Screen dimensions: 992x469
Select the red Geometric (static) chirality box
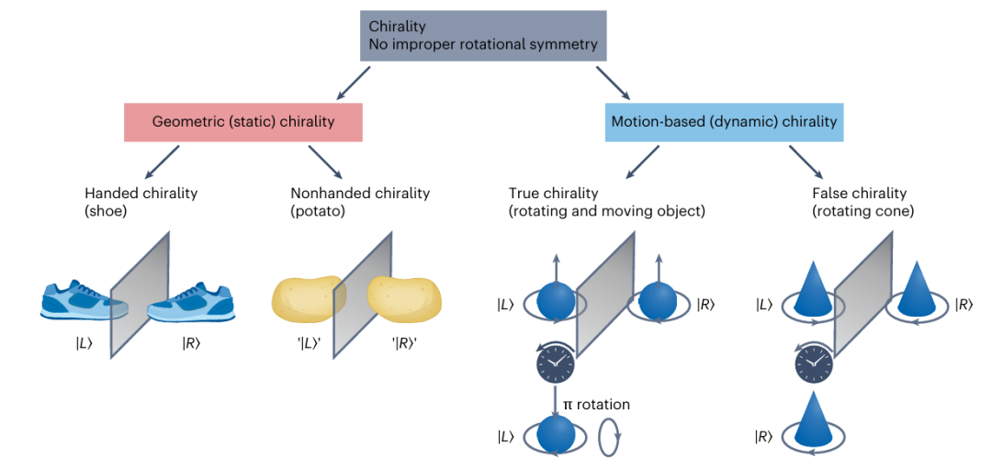pyautogui.click(x=242, y=121)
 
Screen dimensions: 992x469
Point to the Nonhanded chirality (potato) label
pyautogui.click(x=353, y=202)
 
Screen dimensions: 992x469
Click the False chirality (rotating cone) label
pyautogui.click(x=863, y=202)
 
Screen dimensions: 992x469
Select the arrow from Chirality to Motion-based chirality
pyautogui.click(x=613, y=83)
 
